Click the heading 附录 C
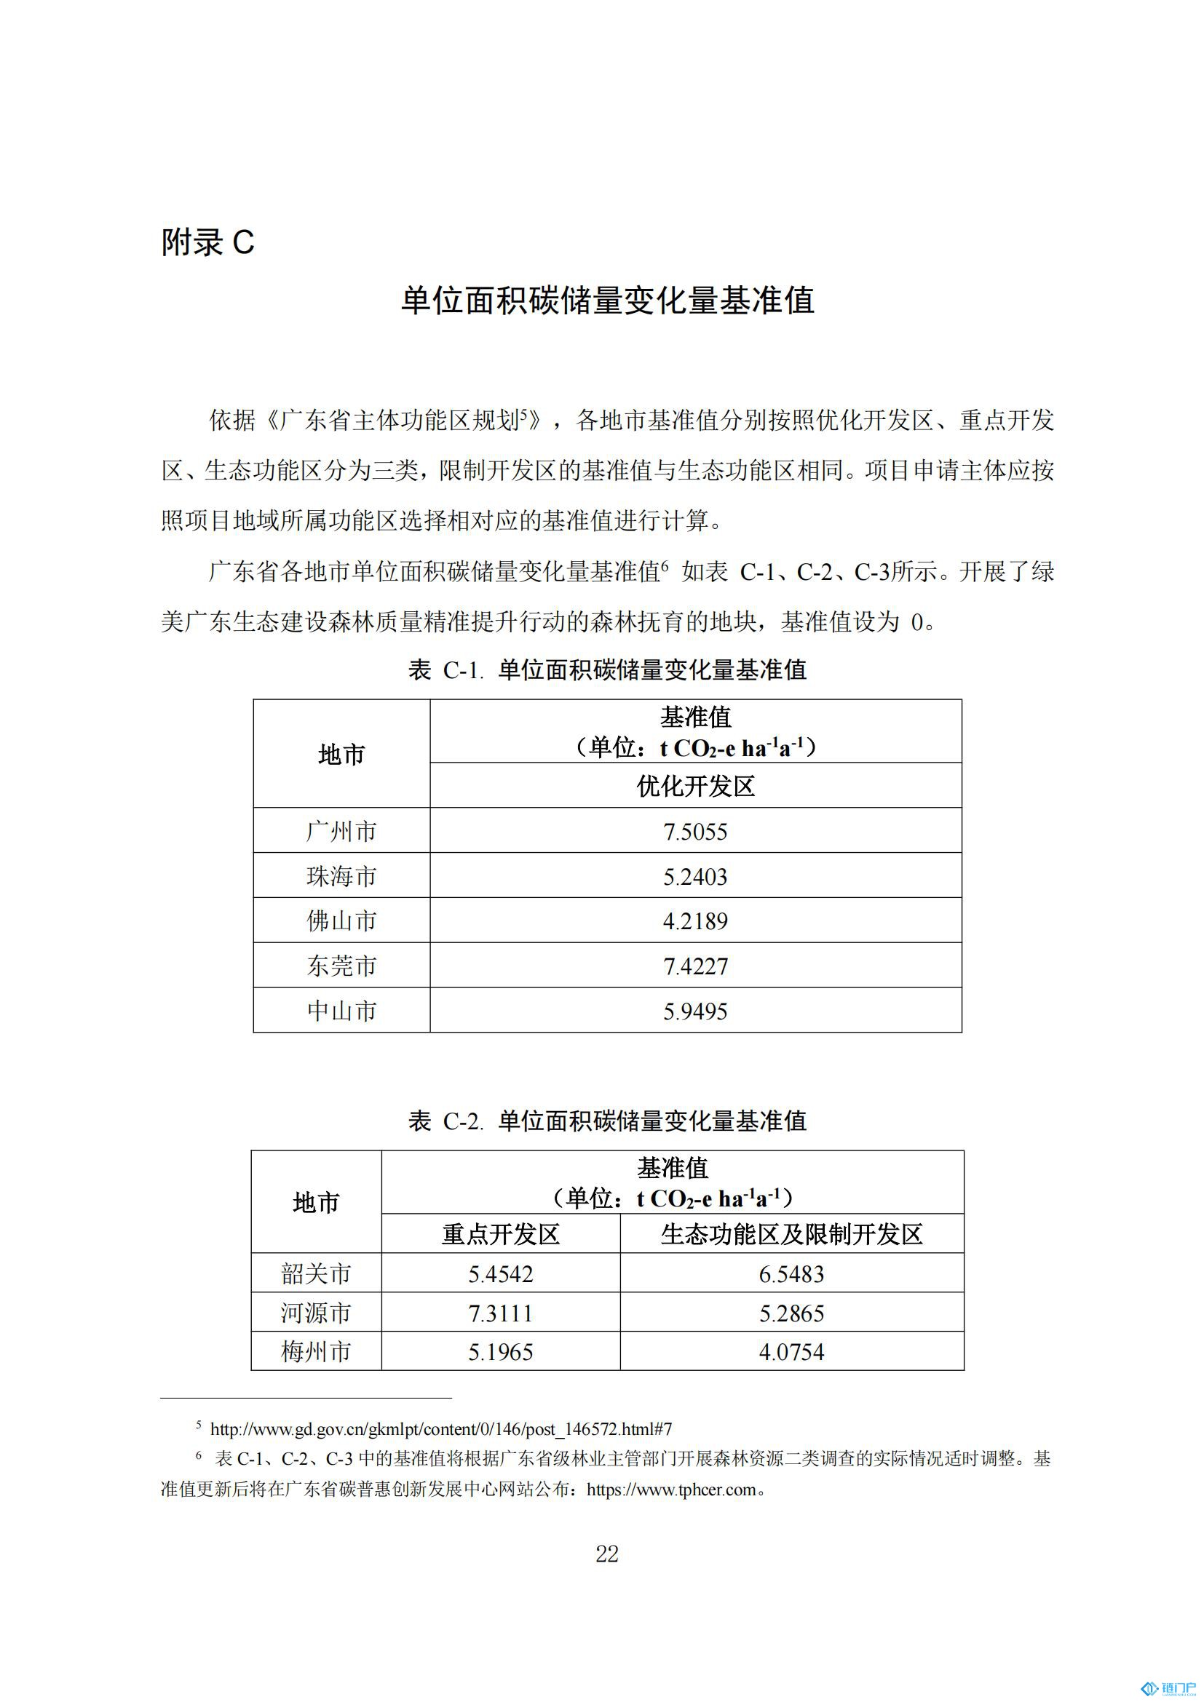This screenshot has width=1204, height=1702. pyautogui.click(x=207, y=242)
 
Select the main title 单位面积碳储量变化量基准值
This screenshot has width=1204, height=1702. pyautogui.click(x=607, y=301)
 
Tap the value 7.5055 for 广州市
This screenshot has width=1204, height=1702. pyautogui.click(x=694, y=832)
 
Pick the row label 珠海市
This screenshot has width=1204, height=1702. pyautogui.click(x=342, y=876)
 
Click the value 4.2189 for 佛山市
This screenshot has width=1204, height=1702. pyautogui.click(x=694, y=921)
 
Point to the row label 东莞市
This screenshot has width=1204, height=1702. pyautogui.click(x=342, y=966)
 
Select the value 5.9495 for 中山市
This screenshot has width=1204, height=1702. pyautogui.click(x=694, y=1011)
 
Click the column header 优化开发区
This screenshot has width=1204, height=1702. pyautogui.click(x=694, y=787)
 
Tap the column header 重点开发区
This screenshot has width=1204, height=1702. pyautogui.click(x=500, y=1234)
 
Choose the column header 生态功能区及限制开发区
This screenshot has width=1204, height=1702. pyautogui.click(x=791, y=1234)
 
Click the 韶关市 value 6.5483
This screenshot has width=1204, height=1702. pyautogui.click(x=791, y=1274)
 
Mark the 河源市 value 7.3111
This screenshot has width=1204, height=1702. pyautogui.click(x=500, y=1313)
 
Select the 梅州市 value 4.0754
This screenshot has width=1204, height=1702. pyautogui.click(x=791, y=1352)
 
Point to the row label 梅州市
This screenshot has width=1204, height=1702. pyautogui.click(x=316, y=1352)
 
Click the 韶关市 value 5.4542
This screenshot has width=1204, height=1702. pyautogui.click(x=500, y=1274)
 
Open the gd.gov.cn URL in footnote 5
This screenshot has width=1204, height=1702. pyautogui.click(x=440, y=1429)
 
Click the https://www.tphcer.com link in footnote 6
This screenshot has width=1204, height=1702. pyautogui.click(x=671, y=1490)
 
